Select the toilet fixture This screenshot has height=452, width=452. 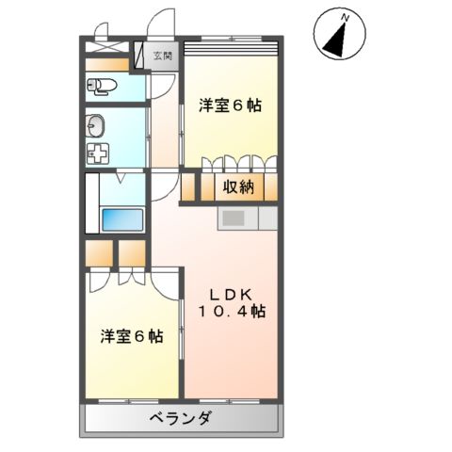103,87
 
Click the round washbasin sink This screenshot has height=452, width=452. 97,125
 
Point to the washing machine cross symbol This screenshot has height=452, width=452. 98,154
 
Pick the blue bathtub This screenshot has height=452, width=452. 121,220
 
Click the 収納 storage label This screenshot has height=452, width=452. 238,186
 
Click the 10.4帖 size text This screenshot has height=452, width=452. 231,310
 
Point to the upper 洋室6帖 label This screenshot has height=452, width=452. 230,106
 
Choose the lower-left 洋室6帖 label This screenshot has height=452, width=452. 132,335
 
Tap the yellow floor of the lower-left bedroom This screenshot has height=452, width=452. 132,367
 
